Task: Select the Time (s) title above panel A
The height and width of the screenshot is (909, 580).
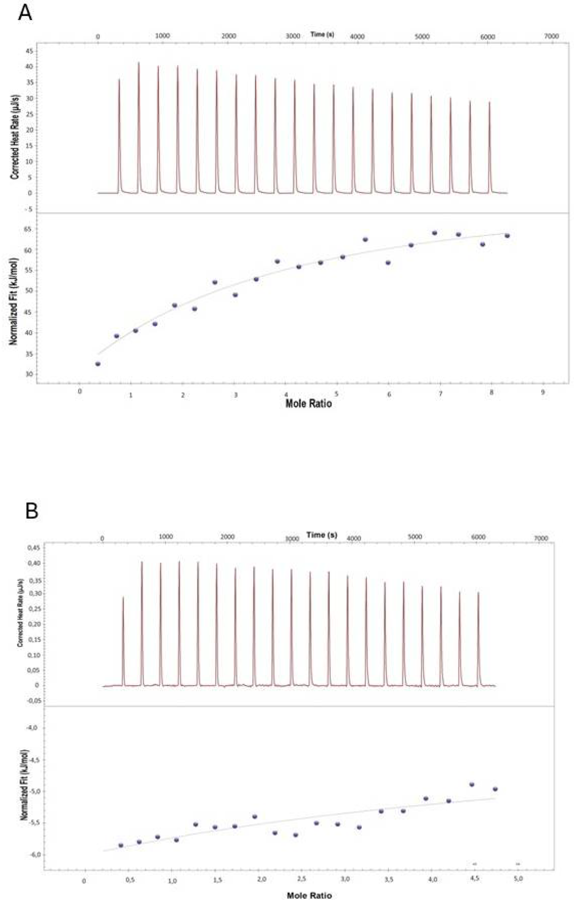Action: [x=322, y=34]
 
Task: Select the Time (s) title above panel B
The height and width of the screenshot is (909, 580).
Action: [x=322, y=535]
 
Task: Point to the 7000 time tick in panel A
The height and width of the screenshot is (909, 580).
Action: [x=551, y=36]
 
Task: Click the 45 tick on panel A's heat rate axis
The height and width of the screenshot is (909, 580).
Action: [x=29, y=51]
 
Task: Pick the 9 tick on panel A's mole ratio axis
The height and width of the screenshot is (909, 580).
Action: [x=543, y=392]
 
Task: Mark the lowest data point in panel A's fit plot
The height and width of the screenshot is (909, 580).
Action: [x=98, y=364]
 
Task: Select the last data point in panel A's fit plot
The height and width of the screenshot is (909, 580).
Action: [x=507, y=236]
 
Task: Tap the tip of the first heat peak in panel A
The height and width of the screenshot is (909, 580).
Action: [x=119, y=79]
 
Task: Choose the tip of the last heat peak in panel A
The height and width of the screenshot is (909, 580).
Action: [x=489, y=102]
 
